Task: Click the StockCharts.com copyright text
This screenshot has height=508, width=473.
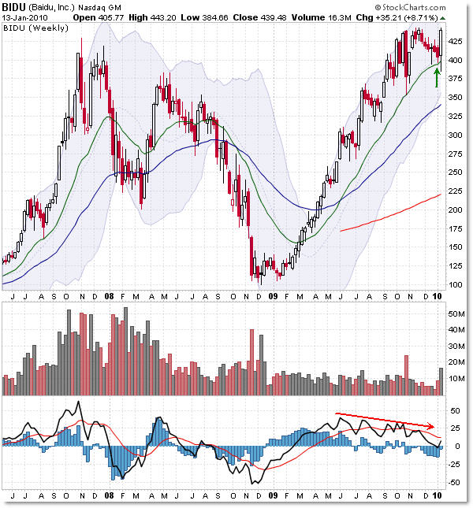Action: click(x=429, y=6)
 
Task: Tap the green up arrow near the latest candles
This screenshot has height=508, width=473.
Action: click(x=436, y=78)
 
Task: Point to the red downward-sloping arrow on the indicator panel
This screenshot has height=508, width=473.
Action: click(x=385, y=419)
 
